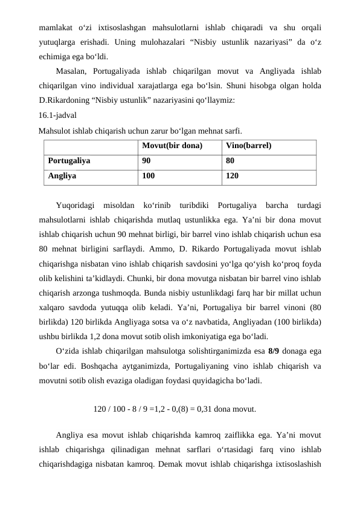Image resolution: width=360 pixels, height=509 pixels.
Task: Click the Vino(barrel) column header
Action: (248, 146)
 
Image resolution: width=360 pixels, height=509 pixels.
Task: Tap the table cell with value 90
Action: (147, 161)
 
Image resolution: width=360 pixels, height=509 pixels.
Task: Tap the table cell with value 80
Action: (231, 161)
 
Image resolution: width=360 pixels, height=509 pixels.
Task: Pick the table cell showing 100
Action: (149, 177)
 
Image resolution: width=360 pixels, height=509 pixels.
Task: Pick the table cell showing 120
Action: (233, 177)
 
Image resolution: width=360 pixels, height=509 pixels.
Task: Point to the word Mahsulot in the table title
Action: (55, 130)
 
